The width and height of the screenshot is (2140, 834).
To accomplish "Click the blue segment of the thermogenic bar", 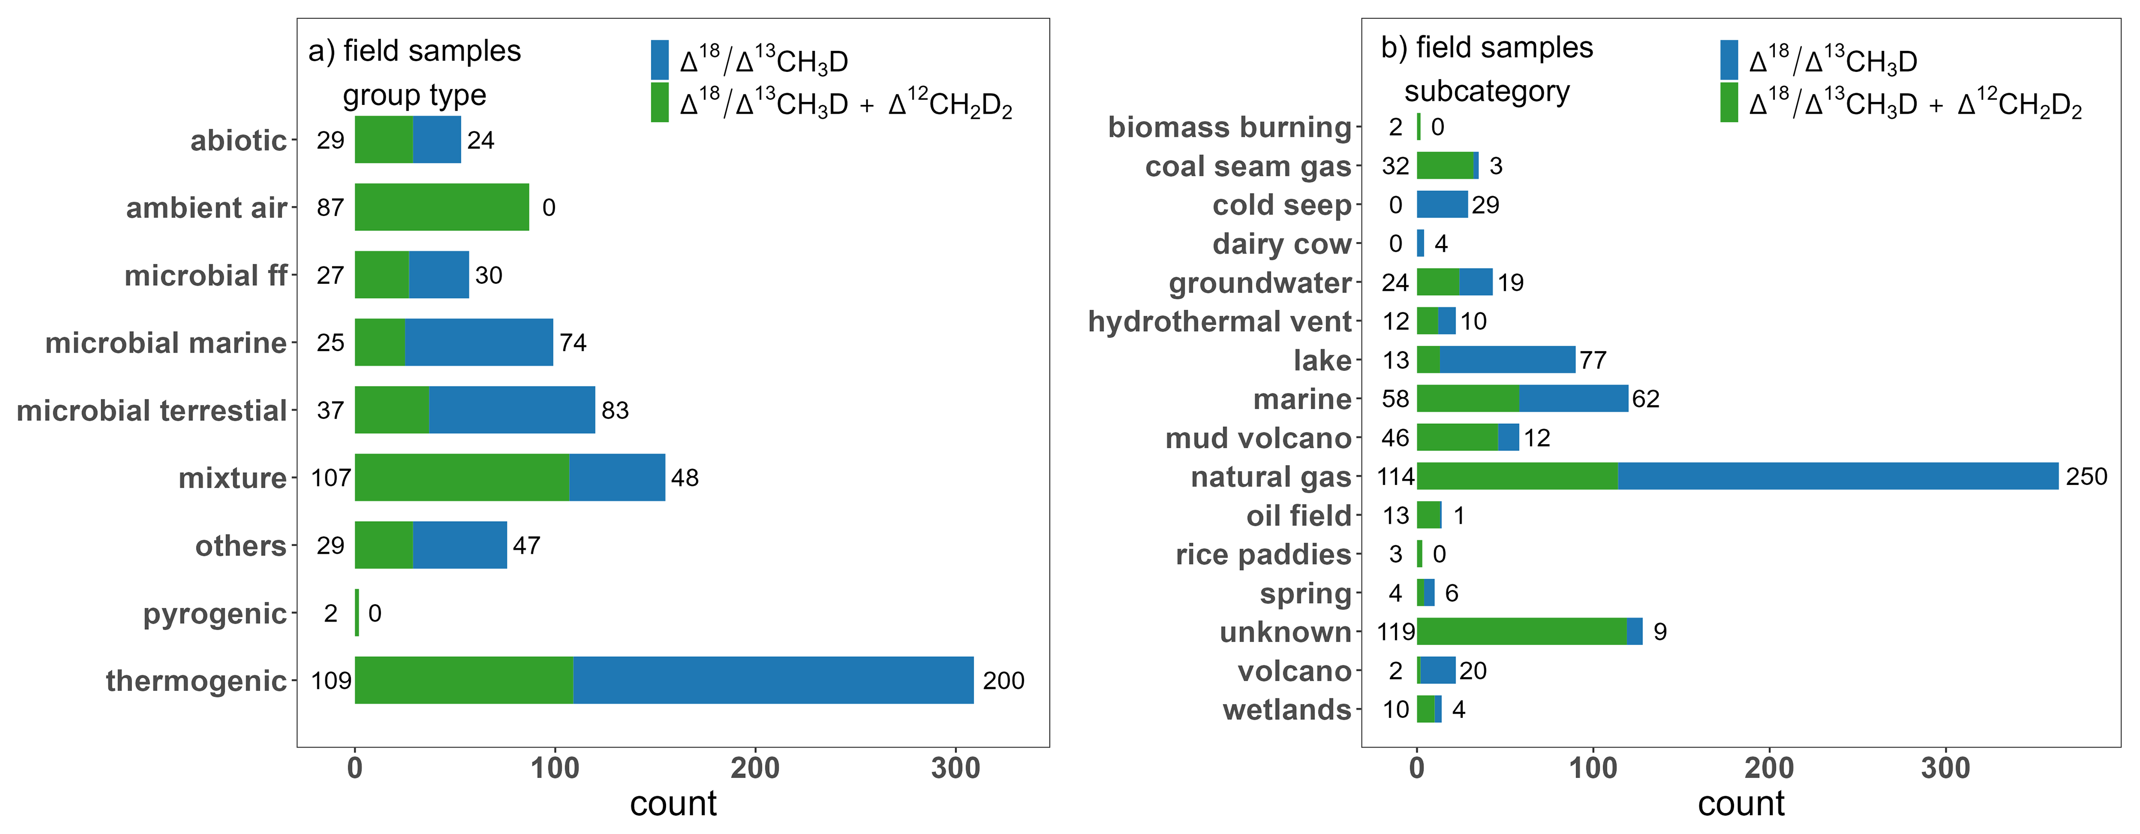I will click(773, 680).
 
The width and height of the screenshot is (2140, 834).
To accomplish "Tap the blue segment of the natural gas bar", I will click(1837, 476).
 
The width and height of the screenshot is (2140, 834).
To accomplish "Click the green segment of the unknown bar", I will click(1521, 631).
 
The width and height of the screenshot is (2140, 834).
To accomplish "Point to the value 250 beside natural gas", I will click(2086, 476).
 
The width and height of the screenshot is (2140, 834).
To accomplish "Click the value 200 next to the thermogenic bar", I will click(1003, 680).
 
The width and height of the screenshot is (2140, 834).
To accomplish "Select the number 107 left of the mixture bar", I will click(331, 478).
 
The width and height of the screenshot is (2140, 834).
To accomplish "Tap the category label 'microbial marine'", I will click(166, 342).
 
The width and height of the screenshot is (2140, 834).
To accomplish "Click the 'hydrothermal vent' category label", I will click(1220, 321).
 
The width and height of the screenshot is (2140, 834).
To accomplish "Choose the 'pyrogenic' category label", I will click(214, 613).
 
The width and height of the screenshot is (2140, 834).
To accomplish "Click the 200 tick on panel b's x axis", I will click(1769, 768).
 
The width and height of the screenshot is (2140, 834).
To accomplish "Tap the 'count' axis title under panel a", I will click(673, 804).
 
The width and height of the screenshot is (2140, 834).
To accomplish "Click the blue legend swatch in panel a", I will click(660, 60).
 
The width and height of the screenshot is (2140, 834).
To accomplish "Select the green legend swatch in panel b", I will click(1729, 103).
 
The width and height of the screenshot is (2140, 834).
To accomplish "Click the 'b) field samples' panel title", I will click(1486, 47).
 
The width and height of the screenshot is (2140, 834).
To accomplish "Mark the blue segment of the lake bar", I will click(1507, 360).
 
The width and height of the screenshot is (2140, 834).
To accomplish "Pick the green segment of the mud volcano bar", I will click(1457, 437).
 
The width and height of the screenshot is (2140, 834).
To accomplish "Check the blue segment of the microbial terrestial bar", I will click(512, 410).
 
